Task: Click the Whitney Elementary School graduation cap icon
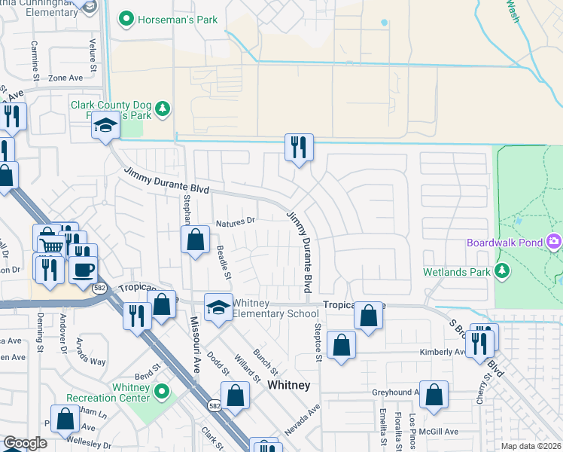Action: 219,308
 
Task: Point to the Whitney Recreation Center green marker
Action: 161,392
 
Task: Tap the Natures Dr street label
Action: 236,222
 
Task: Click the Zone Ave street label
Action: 65,78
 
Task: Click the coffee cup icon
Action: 84,268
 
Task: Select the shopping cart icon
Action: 51,245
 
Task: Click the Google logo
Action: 25,443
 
